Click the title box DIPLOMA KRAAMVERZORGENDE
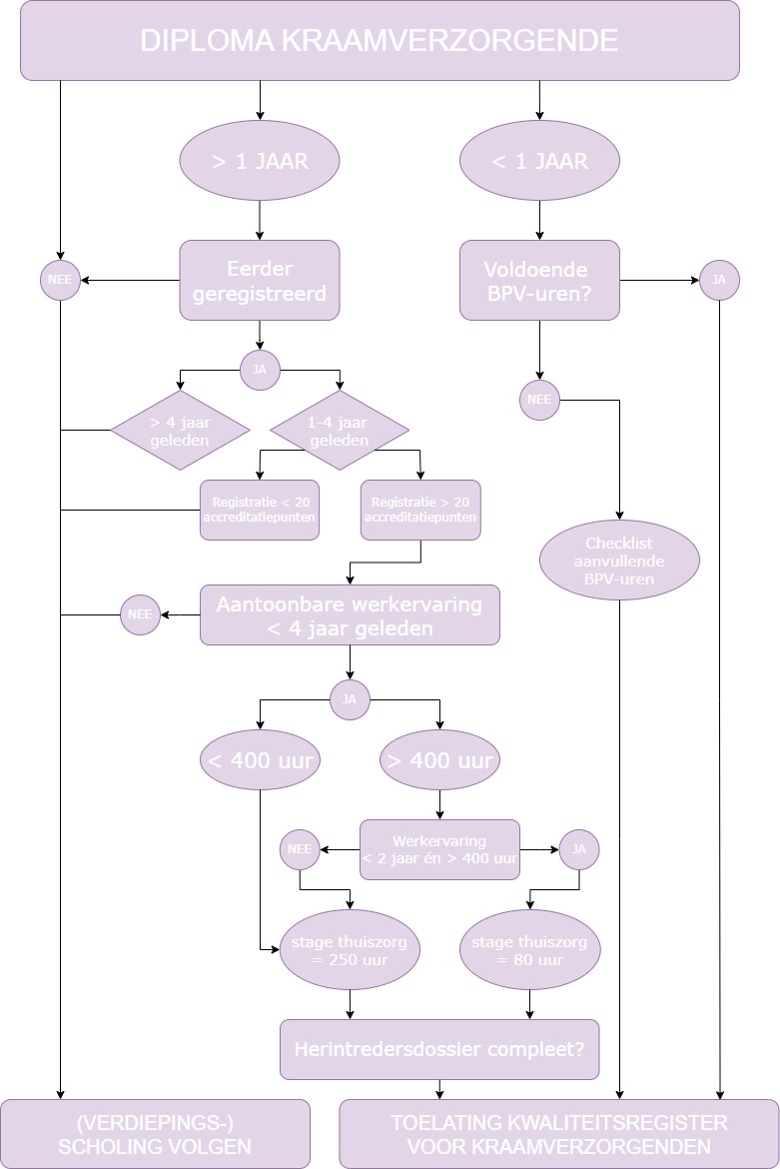tap(380, 40)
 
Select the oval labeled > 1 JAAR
tap(260, 160)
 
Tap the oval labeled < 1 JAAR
tap(539, 160)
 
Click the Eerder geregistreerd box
tap(260, 281)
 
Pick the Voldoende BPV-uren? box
tap(539, 281)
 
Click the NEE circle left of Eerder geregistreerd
tap(60, 281)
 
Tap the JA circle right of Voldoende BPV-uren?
tap(719, 281)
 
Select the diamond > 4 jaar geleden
tap(180, 431)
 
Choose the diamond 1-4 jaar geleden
tap(339, 431)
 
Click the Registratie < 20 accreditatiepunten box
tap(260, 510)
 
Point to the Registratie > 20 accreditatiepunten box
tap(420, 510)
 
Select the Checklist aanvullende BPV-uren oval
tap(619, 561)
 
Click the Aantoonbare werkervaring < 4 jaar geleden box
tap(350, 615)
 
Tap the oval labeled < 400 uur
tap(260, 760)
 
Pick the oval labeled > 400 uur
tap(439, 760)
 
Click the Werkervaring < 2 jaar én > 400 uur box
tap(439, 850)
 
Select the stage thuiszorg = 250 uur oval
tap(350, 950)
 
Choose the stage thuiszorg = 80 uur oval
tap(529, 950)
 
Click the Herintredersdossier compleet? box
tap(439, 1050)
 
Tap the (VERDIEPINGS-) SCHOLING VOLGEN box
tap(155, 1134)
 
